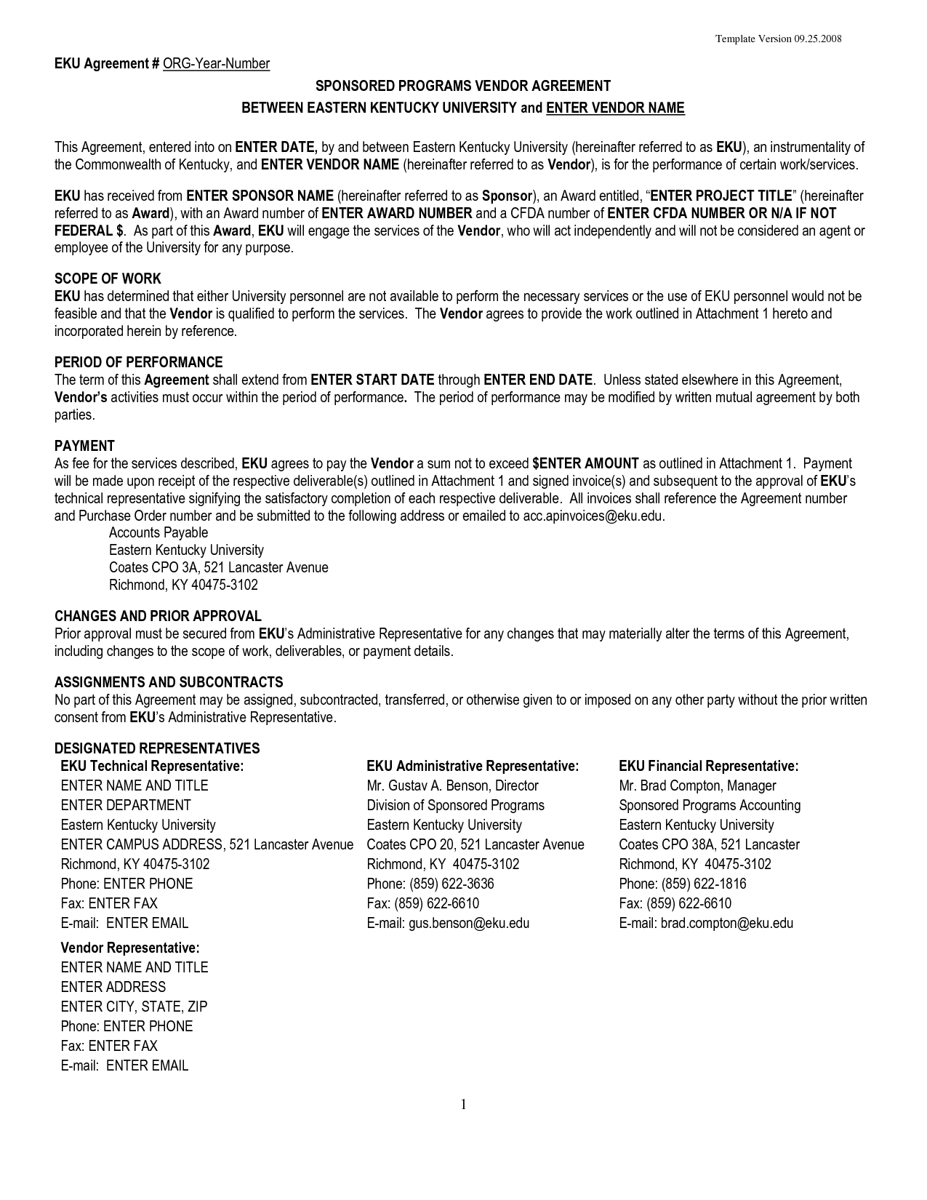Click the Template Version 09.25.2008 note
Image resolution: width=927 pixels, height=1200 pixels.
click(778, 39)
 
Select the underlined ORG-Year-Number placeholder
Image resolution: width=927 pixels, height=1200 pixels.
click(216, 64)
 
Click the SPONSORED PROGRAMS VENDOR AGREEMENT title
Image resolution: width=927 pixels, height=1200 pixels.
click(462, 86)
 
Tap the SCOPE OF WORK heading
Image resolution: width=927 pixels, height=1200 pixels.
click(108, 279)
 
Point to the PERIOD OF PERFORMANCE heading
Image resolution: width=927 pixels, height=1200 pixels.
click(138, 362)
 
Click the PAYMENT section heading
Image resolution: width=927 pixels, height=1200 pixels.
click(84, 446)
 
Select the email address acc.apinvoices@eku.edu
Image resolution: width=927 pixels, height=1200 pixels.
click(593, 516)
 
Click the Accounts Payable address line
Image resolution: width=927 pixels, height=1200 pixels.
click(158, 533)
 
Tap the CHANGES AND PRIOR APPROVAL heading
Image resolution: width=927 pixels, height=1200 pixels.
click(158, 616)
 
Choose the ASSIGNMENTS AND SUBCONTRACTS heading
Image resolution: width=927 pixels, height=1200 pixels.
click(169, 682)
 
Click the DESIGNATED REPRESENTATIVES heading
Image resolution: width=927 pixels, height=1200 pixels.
click(156, 748)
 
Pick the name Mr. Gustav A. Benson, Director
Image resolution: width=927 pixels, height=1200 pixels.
click(452, 786)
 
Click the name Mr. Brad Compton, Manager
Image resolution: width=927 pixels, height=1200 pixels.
click(697, 786)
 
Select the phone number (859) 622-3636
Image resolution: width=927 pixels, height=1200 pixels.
click(452, 884)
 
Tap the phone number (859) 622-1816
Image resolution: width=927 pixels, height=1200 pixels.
click(703, 884)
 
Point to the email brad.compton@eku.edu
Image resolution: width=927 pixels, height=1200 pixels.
click(726, 924)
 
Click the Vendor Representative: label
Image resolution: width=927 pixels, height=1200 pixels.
click(129, 948)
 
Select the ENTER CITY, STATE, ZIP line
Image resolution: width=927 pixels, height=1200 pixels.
click(134, 1007)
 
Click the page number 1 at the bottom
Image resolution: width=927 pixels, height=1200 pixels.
click(463, 1105)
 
